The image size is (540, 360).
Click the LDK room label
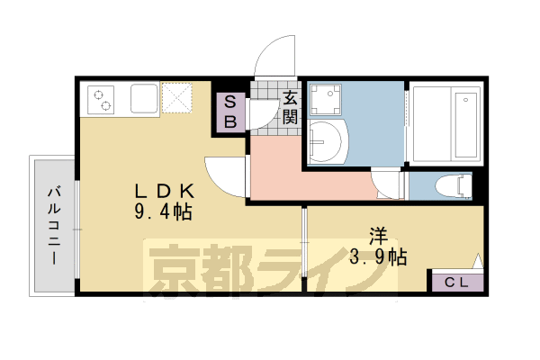(164, 191)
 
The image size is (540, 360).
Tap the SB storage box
(229, 112)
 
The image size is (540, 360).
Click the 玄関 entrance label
(290, 108)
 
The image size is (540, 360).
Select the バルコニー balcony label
(54, 225)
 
